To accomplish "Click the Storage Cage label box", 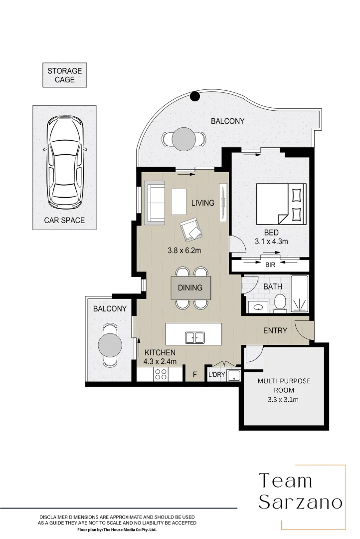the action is (x=65, y=75).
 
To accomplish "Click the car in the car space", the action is (x=65, y=162).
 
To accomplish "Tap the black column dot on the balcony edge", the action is (x=195, y=97).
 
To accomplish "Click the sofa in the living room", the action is (x=155, y=203).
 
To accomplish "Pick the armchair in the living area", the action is (x=191, y=229).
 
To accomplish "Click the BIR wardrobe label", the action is (x=270, y=265).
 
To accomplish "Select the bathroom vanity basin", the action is (x=258, y=307).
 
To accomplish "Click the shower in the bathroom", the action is (x=300, y=294).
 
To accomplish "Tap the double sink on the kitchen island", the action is (x=195, y=337).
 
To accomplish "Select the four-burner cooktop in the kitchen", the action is (x=161, y=374).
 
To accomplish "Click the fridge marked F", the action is (x=194, y=374).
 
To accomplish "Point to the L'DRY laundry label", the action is (x=216, y=375).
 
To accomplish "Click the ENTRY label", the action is (x=275, y=331).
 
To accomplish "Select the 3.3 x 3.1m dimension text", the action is (x=283, y=400).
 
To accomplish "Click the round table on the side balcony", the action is (x=110, y=345).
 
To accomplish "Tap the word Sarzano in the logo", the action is (x=301, y=502).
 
